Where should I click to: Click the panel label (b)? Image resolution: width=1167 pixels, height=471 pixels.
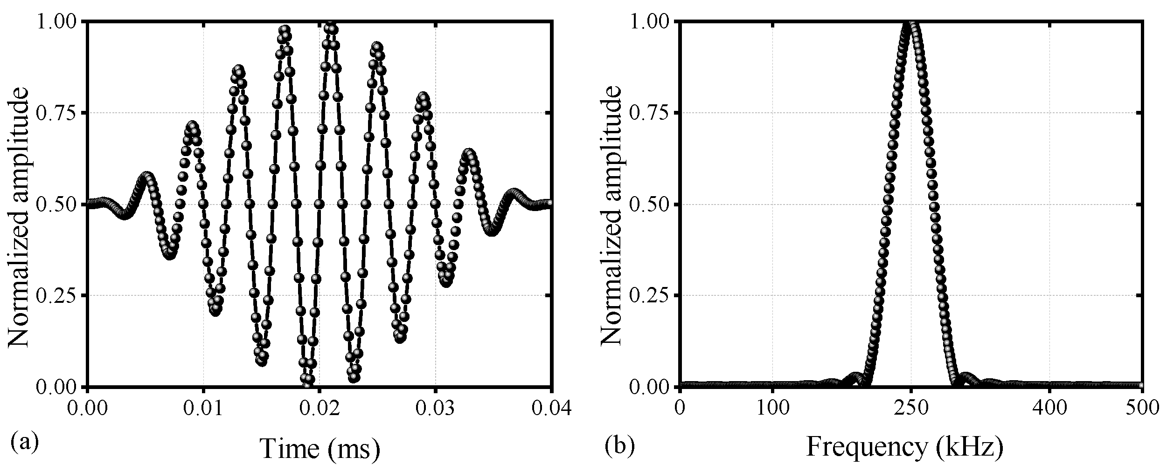(x=619, y=446)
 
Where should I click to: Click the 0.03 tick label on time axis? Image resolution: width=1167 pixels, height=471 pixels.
(x=435, y=409)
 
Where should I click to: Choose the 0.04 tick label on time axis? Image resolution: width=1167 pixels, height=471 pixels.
(x=550, y=409)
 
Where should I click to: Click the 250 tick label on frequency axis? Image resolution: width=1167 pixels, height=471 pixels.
(x=911, y=409)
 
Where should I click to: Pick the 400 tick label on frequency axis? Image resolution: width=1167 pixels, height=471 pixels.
(x=1049, y=409)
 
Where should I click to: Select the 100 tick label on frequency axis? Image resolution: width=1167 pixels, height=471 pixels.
(x=772, y=409)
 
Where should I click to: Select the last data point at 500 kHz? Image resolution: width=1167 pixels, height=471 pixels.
(x=1141, y=385)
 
